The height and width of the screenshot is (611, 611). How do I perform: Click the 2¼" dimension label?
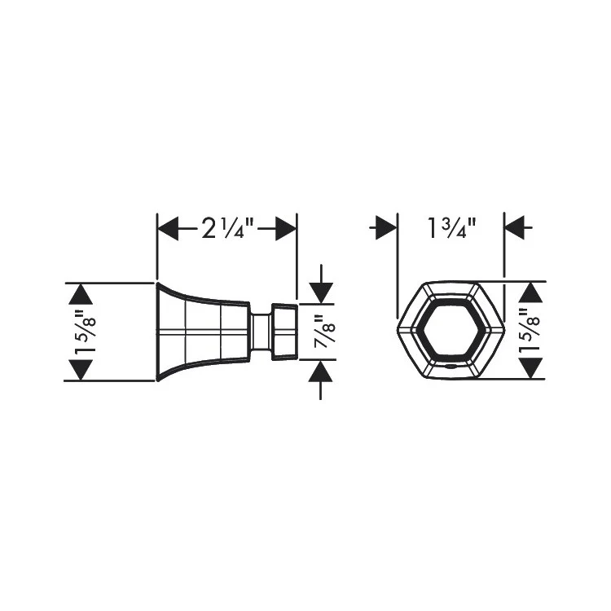(226, 229)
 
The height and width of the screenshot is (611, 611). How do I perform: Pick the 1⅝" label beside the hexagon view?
(531, 332)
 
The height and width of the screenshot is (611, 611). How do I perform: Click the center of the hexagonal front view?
(451, 332)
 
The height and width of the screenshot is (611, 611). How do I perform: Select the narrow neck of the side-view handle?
(260, 332)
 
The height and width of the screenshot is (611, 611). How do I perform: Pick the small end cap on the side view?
(283, 332)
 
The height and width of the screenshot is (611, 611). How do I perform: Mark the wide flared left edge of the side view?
(156, 332)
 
